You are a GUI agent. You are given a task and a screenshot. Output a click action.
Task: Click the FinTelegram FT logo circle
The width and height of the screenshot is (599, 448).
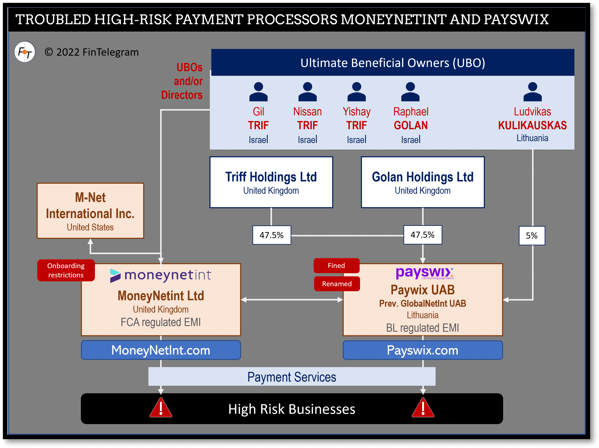pyautogui.click(x=25, y=52)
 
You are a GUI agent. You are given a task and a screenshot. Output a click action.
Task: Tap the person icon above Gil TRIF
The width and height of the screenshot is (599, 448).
pyautogui.click(x=258, y=92)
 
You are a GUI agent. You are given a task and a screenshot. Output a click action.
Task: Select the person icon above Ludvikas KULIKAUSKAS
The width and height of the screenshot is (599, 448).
pyautogui.click(x=532, y=92)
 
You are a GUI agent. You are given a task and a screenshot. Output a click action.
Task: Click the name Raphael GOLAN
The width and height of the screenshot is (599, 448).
pyautogui.click(x=411, y=119)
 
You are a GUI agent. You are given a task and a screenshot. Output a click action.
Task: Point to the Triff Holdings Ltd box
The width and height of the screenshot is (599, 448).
pyautogui.click(x=271, y=182)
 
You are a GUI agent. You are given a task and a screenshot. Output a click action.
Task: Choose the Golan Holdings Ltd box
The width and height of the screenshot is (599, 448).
pyautogui.click(x=422, y=182)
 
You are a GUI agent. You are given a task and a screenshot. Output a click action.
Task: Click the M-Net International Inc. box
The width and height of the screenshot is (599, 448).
pyautogui.click(x=90, y=211)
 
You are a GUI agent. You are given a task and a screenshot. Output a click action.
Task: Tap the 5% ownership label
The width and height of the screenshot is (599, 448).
pyautogui.click(x=532, y=236)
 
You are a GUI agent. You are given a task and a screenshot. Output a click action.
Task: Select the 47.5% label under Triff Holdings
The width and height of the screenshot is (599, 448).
pyautogui.click(x=271, y=235)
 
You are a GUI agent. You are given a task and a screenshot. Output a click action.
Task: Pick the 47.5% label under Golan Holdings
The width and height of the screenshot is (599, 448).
pyautogui.click(x=422, y=235)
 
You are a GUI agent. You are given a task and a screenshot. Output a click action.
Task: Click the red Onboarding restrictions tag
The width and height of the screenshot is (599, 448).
pyautogui.click(x=66, y=270)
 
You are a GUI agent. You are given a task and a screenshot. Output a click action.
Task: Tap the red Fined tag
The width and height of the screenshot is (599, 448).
pyautogui.click(x=336, y=266)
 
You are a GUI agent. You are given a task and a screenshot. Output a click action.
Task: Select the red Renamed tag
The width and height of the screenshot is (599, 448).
pyautogui.click(x=337, y=284)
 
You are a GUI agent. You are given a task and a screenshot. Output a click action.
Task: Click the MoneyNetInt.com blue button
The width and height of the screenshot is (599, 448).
pyautogui.click(x=161, y=350)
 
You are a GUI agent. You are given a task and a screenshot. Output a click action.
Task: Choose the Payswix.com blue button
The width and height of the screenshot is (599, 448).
pyautogui.click(x=422, y=350)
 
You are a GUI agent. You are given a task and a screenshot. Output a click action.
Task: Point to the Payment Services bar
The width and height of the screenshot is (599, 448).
pyautogui.click(x=292, y=377)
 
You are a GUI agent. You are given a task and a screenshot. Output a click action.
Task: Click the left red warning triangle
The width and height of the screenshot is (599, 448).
pyautogui.click(x=161, y=408)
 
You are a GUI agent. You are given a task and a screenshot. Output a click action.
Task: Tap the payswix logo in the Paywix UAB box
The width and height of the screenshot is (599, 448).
pyautogui.click(x=424, y=273)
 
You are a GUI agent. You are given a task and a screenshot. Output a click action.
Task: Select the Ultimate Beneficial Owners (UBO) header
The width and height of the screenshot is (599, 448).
pyautogui.click(x=393, y=63)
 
